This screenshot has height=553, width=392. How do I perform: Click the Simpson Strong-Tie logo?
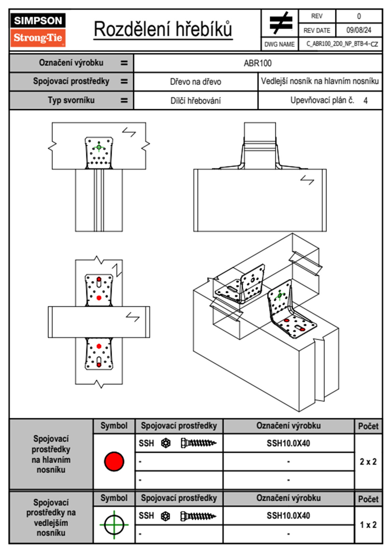(x=38, y=30)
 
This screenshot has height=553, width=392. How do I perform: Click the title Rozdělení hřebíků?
(x=163, y=29)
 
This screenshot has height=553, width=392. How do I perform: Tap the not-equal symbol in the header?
(x=280, y=23)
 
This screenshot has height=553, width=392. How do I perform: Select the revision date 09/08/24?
(x=358, y=30)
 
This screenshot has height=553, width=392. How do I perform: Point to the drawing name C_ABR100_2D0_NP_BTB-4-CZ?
(x=342, y=44)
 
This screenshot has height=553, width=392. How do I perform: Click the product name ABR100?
(x=258, y=63)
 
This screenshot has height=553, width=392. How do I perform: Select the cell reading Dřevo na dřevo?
(x=195, y=82)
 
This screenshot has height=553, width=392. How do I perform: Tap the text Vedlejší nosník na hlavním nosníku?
(x=320, y=81)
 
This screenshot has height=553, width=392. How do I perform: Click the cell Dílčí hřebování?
(x=195, y=101)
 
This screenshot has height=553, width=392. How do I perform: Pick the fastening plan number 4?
(x=365, y=101)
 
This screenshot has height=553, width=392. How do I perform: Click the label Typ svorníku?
(x=71, y=100)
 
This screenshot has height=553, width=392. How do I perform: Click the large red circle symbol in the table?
(x=114, y=461)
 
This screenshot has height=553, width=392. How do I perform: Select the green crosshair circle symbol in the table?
(x=114, y=524)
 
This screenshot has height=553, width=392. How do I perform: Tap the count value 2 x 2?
(x=368, y=462)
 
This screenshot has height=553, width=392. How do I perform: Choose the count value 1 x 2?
(x=368, y=525)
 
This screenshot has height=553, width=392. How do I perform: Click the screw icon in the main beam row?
(x=198, y=443)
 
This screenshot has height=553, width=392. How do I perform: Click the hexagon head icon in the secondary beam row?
(x=166, y=516)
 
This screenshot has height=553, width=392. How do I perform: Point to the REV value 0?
(x=359, y=16)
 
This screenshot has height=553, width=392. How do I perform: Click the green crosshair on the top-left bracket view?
(x=99, y=147)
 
